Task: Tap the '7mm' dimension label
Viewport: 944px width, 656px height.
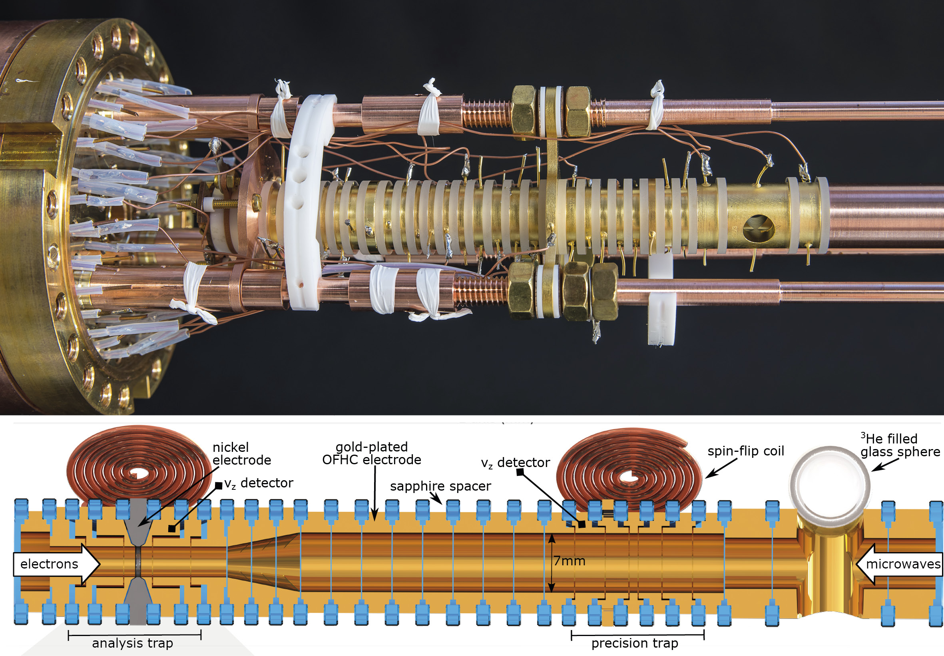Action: (570, 561)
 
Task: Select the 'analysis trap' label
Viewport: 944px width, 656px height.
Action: (132, 643)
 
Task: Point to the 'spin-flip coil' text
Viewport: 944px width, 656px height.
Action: (745, 451)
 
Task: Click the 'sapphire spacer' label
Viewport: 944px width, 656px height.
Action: (440, 486)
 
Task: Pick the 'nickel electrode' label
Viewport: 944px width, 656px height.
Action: (241, 453)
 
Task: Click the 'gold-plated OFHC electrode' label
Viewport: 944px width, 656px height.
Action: (372, 453)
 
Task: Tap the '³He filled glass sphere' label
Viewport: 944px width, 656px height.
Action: (900, 445)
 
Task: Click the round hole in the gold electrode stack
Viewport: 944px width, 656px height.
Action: (759, 228)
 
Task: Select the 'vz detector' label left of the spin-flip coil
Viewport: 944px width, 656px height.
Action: (515, 463)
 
